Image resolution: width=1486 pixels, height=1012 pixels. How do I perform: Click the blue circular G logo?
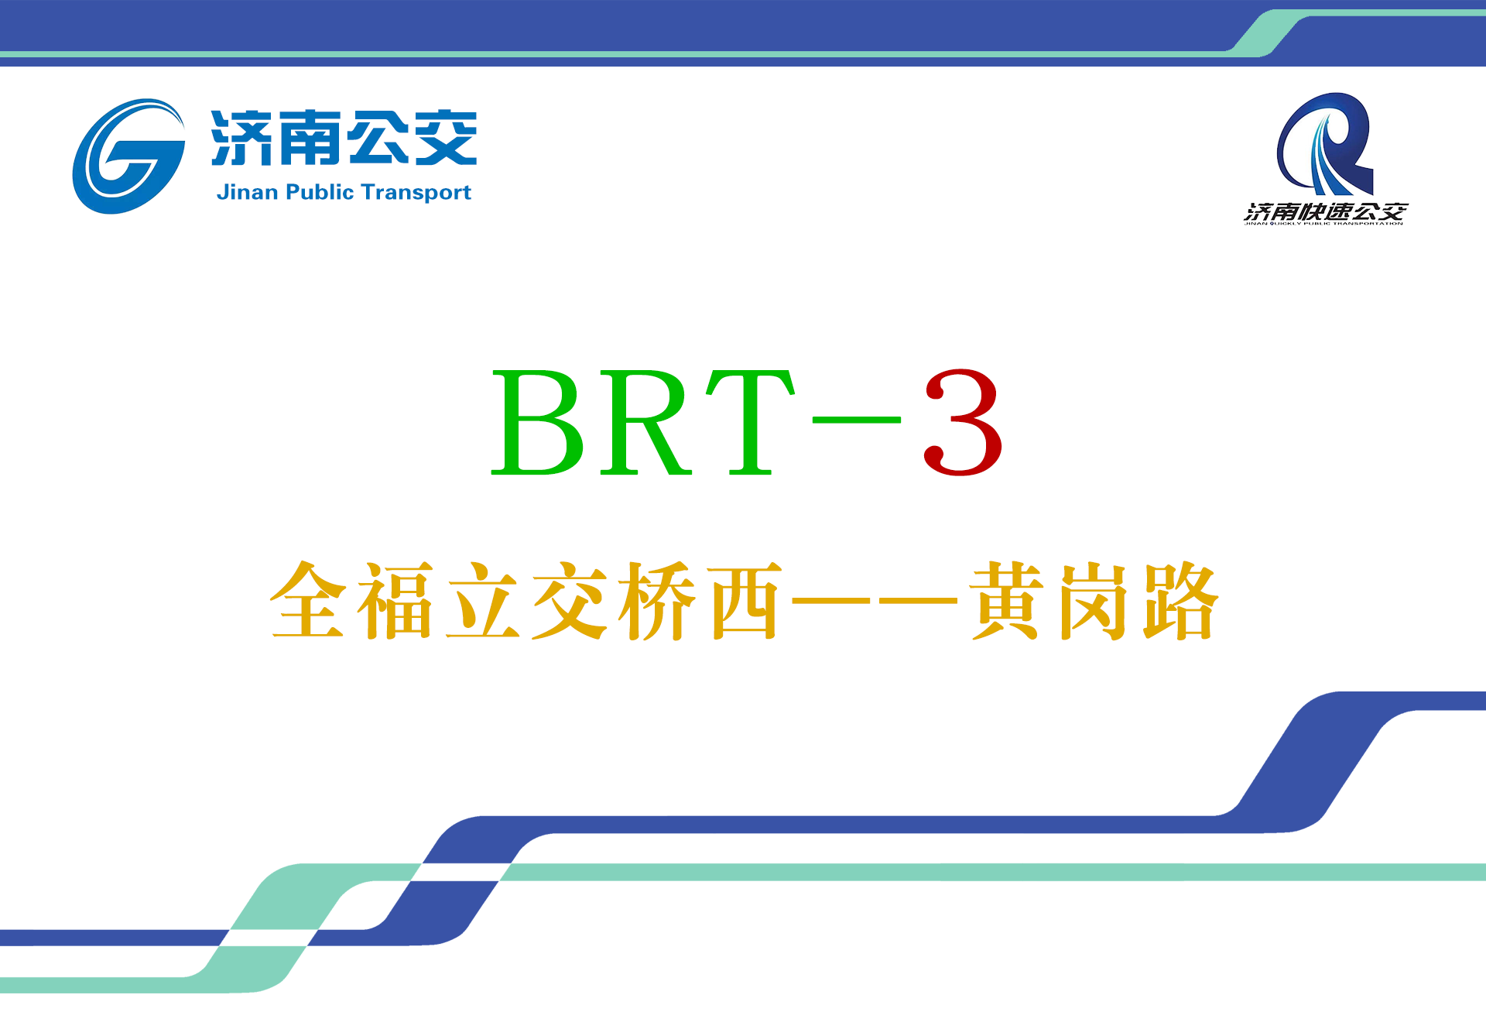[x=128, y=156]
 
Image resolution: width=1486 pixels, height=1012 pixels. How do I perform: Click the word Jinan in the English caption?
[x=247, y=192]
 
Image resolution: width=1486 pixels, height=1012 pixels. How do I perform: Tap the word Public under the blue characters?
[x=320, y=192]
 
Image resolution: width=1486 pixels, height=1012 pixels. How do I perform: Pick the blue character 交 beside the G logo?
[x=446, y=138]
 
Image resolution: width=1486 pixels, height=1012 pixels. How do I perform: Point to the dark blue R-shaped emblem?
[x=1325, y=144]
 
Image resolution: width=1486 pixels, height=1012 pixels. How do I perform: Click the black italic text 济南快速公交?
[x=1325, y=211]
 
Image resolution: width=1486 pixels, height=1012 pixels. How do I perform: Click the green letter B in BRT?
[x=539, y=423]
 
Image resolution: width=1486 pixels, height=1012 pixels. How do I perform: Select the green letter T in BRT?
[x=749, y=423]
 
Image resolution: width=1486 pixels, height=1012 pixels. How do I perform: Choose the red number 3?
[x=963, y=423]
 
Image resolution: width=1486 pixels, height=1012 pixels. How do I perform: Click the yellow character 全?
[x=307, y=601]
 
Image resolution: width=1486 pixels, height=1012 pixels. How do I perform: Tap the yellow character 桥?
[x=657, y=601]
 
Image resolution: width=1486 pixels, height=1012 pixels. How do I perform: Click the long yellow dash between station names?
[x=875, y=600]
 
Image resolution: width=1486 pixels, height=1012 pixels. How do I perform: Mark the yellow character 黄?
[x=1006, y=601]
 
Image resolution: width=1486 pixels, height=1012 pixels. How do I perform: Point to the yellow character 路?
[x=1181, y=601]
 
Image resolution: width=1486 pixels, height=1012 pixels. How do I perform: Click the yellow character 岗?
[x=1094, y=601]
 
